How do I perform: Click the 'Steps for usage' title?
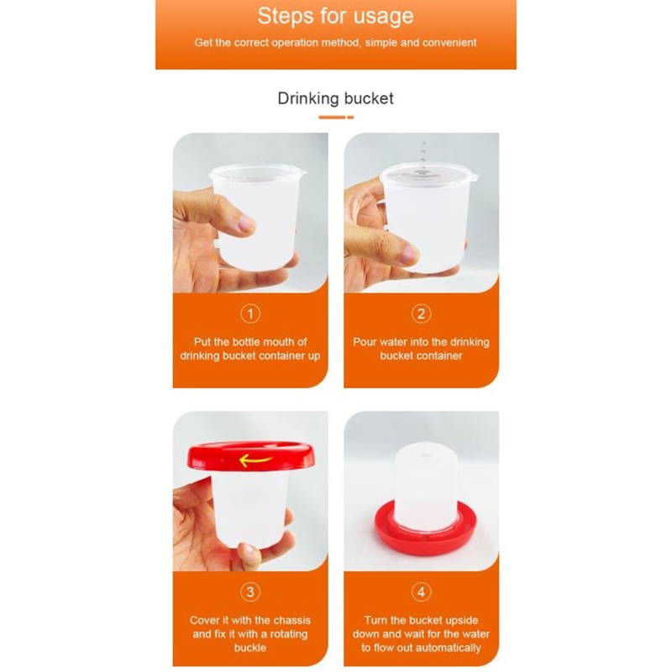click(335, 15)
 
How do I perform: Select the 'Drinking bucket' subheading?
click(335, 98)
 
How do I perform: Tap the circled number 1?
click(250, 314)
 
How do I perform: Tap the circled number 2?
click(421, 314)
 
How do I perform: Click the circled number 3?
click(250, 591)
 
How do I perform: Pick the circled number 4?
click(421, 591)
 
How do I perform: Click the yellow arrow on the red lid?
click(255, 459)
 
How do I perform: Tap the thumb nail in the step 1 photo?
click(245, 224)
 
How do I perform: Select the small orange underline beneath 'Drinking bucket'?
click(335, 118)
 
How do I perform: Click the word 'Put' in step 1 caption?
click(203, 342)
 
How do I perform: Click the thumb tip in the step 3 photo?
click(248, 552)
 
